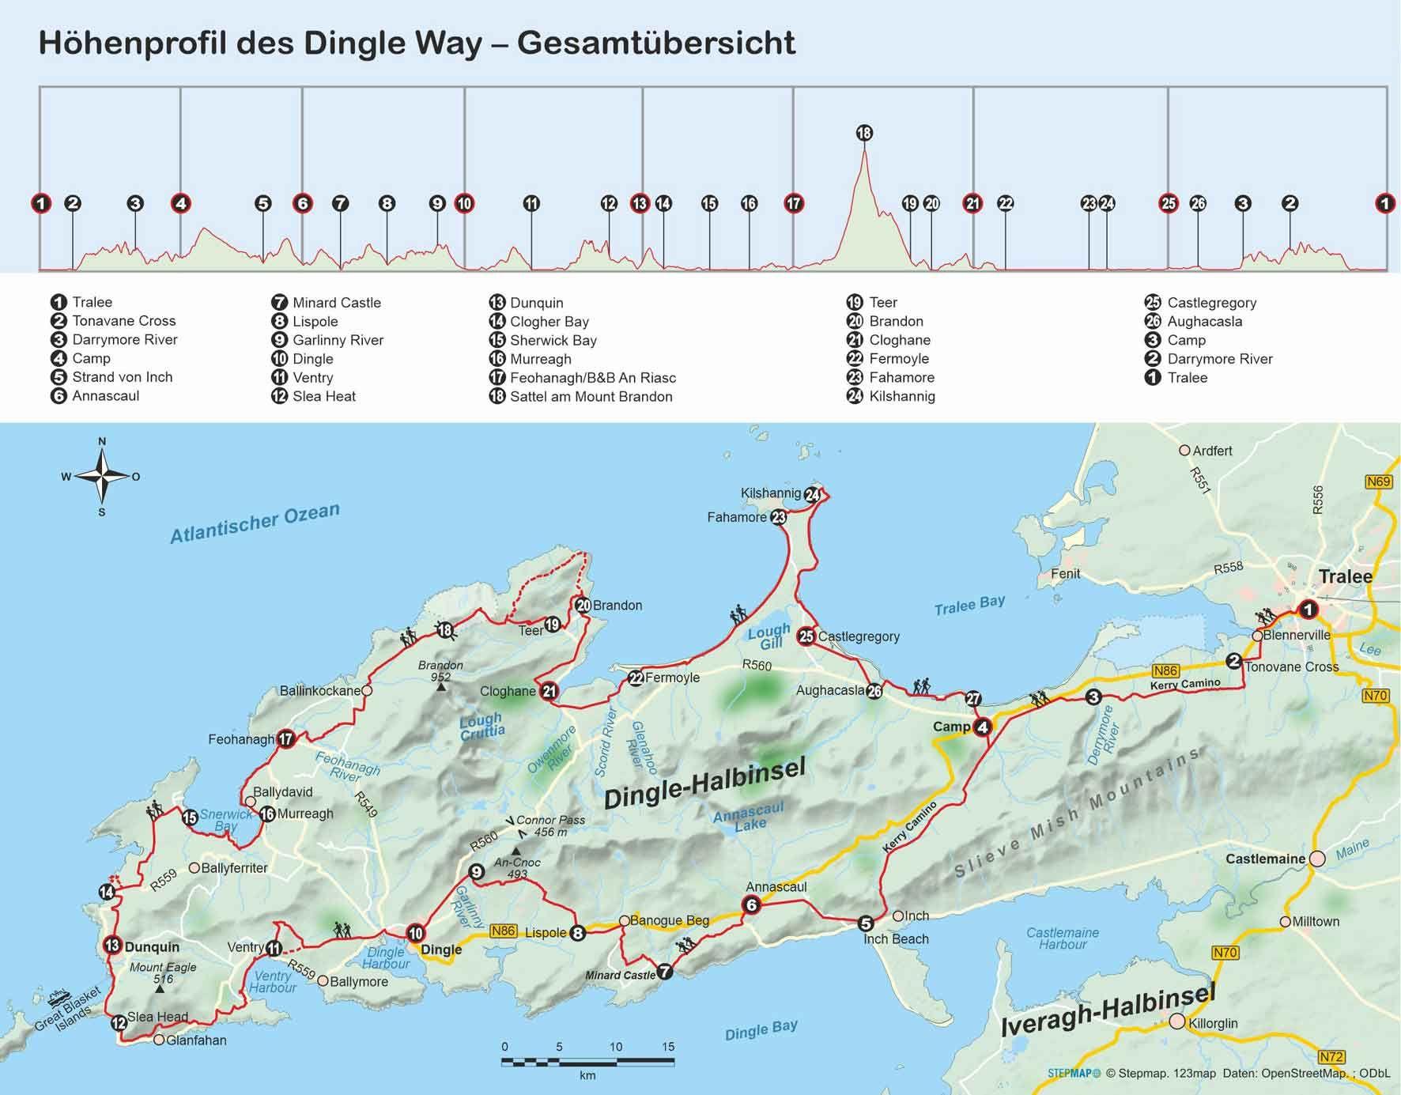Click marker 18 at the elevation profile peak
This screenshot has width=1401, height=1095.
click(864, 133)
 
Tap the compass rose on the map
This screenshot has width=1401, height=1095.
click(102, 476)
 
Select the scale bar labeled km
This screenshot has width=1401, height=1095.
click(588, 1061)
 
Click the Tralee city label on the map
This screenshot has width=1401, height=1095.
click(1345, 576)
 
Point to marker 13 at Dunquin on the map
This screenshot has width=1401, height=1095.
click(111, 946)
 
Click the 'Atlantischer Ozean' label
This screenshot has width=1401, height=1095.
click(255, 523)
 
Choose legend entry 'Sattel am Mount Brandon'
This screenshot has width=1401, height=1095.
click(591, 396)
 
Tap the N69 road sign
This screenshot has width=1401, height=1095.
click(1378, 481)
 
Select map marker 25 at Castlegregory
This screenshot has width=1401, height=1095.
click(806, 636)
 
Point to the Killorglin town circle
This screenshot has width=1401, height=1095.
click(1177, 1021)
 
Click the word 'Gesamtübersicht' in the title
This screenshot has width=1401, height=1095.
click(656, 43)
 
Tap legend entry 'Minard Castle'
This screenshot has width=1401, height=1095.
click(336, 302)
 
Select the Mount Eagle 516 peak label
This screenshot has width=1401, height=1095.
click(163, 972)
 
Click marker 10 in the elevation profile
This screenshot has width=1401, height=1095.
click(464, 203)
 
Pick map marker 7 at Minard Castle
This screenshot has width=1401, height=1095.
click(665, 972)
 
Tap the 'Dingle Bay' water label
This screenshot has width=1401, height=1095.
click(761, 1030)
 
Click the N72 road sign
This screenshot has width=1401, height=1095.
click(1331, 1056)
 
